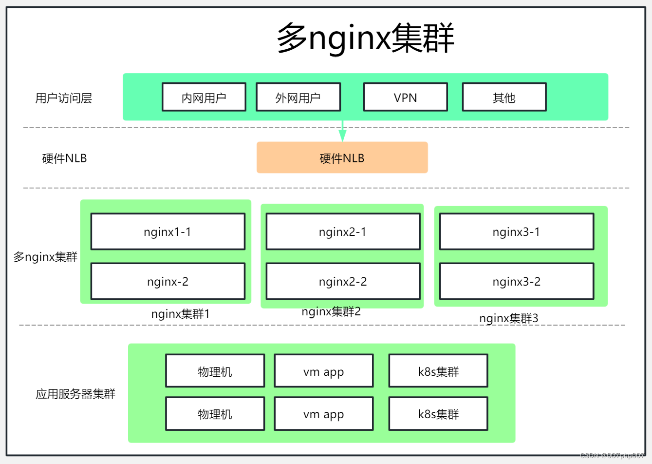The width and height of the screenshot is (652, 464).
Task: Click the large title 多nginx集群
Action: click(365, 38)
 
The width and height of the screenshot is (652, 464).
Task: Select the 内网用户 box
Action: click(204, 97)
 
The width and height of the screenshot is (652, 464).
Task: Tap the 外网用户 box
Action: click(298, 97)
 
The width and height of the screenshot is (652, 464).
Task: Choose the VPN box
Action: click(406, 97)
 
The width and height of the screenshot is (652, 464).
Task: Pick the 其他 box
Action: click(504, 97)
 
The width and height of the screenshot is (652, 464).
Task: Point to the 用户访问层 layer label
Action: click(63, 98)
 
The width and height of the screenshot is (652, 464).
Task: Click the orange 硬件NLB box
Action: click(342, 158)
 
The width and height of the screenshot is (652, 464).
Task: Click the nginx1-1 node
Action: click(168, 232)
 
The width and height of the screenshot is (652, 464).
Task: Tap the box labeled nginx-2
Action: click(168, 282)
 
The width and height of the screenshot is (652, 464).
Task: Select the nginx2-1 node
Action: click(343, 232)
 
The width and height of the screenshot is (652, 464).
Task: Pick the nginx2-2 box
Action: click(343, 282)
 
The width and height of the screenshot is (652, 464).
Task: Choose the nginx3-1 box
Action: click(517, 232)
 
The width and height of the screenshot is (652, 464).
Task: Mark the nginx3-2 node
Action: click(517, 282)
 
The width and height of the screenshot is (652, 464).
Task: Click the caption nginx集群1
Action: click(180, 314)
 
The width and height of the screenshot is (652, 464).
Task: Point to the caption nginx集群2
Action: click(331, 311)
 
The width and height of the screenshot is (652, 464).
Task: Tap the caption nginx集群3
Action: click(509, 318)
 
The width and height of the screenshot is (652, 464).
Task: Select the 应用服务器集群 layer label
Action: click(75, 394)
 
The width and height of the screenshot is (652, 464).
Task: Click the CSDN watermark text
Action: click(612, 456)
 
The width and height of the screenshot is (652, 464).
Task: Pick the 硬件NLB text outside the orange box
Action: click(64, 158)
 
